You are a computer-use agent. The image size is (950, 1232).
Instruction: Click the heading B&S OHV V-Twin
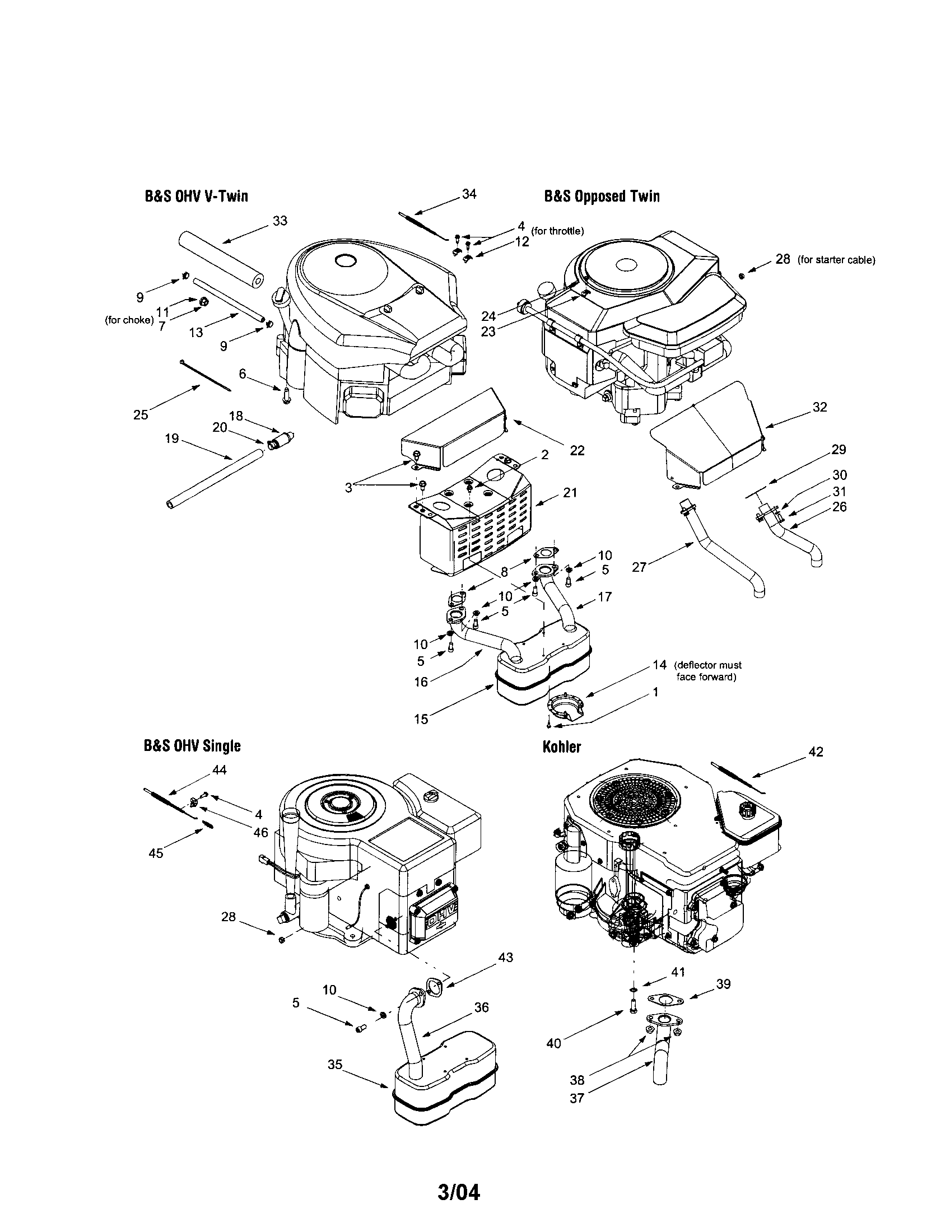(195, 197)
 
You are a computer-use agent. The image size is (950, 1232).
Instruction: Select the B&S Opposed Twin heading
(602, 197)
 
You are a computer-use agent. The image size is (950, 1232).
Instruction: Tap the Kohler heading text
(561, 747)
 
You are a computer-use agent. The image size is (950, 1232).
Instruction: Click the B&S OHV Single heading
(192, 746)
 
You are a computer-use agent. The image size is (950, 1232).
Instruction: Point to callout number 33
(280, 221)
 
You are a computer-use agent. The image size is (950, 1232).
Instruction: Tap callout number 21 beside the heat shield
(570, 492)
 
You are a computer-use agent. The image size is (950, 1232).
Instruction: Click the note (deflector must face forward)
(708, 671)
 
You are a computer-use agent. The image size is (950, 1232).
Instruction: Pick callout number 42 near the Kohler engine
(816, 752)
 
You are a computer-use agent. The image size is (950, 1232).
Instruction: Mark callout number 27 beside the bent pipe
(639, 566)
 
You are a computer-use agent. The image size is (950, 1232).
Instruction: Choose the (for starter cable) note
(836, 260)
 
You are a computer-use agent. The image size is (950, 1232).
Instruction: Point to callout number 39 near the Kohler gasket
(723, 984)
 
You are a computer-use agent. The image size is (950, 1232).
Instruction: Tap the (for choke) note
(129, 320)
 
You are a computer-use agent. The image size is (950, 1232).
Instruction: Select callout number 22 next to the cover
(577, 450)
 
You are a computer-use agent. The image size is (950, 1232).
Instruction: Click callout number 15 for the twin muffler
(421, 719)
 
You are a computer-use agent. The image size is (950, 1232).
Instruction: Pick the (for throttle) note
(557, 231)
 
